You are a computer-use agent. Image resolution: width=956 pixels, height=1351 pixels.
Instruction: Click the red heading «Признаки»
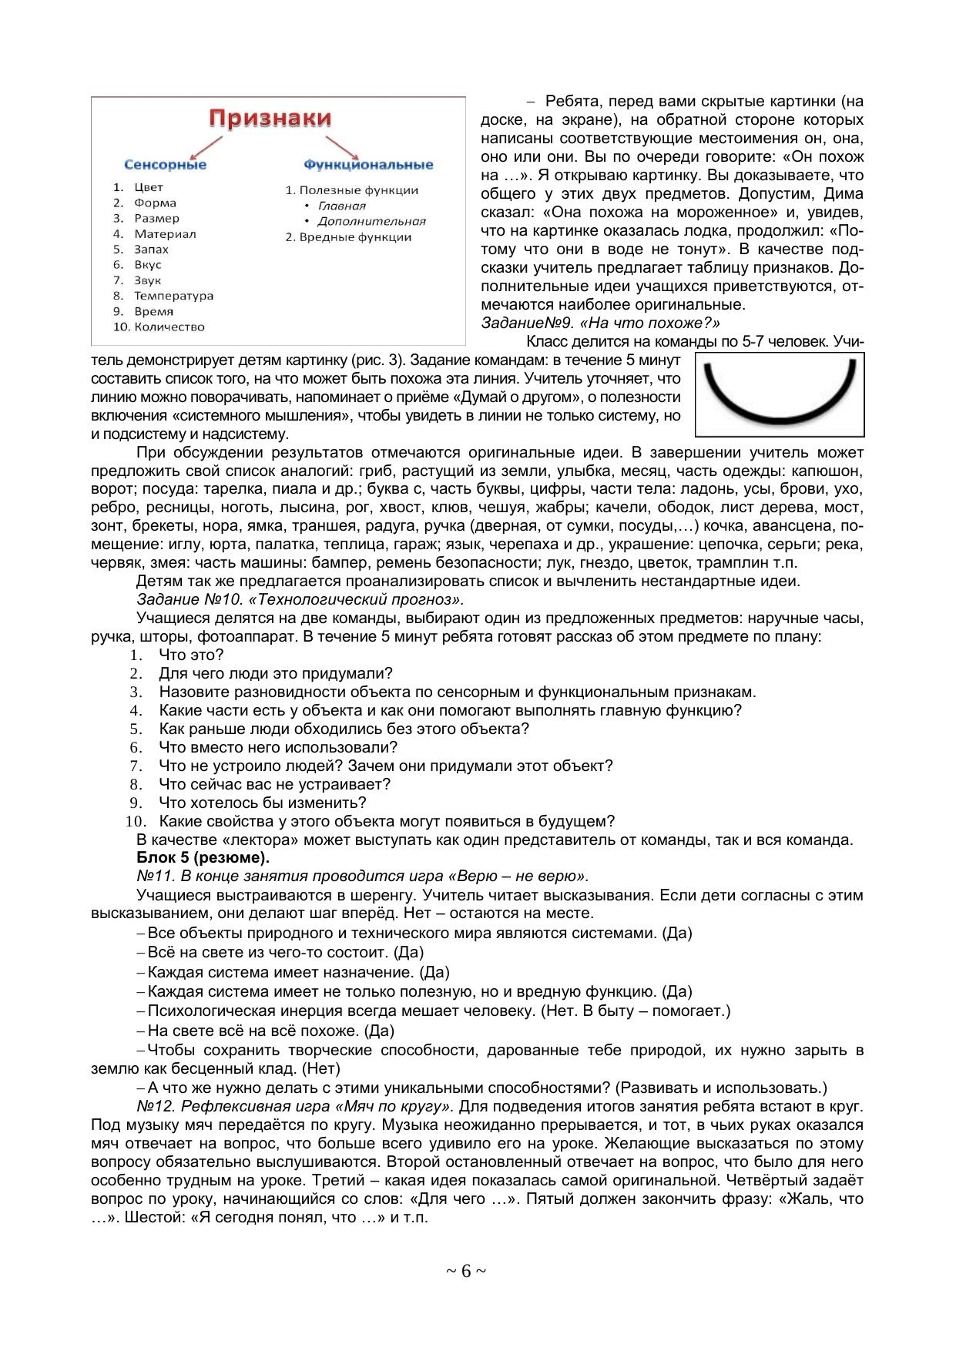(x=270, y=119)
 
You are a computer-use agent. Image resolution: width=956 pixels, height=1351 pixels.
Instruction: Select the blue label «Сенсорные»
(x=165, y=165)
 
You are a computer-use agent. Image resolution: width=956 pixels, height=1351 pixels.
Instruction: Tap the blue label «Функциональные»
(x=368, y=165)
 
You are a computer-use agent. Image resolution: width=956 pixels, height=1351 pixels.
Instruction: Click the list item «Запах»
(x=151, y=250)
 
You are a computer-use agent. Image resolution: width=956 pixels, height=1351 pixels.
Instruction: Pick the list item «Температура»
(x=173, y=296)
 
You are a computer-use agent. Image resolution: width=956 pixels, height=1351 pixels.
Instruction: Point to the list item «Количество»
(x=169, y=327)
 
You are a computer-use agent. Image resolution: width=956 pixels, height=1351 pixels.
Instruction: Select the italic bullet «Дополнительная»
(x=371, y=221)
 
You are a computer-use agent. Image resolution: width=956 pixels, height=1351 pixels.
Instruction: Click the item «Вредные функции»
(x=355, y=237)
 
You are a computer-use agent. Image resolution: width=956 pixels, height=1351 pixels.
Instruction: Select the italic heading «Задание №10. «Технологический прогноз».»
(x=300, y=599)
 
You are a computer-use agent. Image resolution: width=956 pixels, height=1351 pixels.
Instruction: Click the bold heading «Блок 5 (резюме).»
(x=203, y=858)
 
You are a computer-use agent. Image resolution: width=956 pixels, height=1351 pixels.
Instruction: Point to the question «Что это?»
(x=191, y=655)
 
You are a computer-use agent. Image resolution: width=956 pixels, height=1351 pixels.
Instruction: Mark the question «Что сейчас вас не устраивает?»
(x=274, y=784)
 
